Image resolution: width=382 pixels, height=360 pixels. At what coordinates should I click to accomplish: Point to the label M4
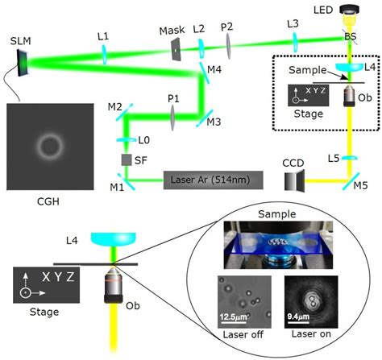213,69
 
